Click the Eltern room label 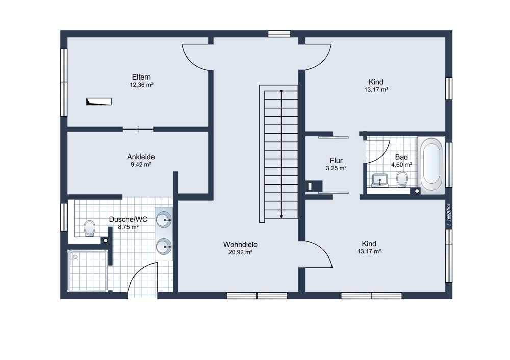coord(141,77)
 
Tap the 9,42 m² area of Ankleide coord(141,165)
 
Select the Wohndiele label coord(240,244)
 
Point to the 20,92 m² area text coord(240,252)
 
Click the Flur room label coord(336,160)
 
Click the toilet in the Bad coord(402,179)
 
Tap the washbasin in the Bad coord(380,180)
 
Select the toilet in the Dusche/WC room coord(89,228)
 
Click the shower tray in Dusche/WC coord(88,271)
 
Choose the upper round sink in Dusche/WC coord(164,219)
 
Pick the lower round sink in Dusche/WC coord(164,247)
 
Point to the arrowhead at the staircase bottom coord(282,216)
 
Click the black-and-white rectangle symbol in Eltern coord(99,101)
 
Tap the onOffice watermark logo coord(448,214)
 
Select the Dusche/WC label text coord(128,219)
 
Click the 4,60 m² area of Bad coord(401,165)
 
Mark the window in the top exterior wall coord(279,34)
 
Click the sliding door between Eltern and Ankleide coord(138,129)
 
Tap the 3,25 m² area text coord(336,168)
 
